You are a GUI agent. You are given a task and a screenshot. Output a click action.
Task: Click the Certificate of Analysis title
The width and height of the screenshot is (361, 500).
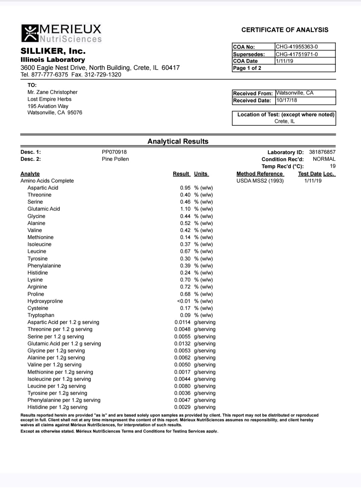click(285, 30)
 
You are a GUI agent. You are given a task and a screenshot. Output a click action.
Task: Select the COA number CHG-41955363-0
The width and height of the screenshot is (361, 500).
click(296, 47)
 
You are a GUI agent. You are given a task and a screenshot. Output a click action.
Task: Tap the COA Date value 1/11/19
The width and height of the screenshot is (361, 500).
click(284, 61)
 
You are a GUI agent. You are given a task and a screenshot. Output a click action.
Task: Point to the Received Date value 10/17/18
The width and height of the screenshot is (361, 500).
click(286, 100)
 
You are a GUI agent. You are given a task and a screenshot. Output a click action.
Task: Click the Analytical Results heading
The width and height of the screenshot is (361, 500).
click(178, 141)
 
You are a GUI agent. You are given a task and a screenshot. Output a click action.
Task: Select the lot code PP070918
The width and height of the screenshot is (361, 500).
click(114, 152)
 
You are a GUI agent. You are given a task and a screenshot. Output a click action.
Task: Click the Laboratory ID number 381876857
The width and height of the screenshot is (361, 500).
click(322, 152)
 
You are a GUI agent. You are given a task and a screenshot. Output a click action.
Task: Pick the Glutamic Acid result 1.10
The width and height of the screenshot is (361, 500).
click(185, 209)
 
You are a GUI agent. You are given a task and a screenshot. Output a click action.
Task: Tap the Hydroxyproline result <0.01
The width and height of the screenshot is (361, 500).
click(184, 301)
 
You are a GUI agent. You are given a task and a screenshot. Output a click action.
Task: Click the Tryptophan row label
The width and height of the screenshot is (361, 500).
click(41, 315)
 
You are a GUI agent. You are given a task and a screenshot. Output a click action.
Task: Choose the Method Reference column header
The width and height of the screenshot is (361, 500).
click(260, 174)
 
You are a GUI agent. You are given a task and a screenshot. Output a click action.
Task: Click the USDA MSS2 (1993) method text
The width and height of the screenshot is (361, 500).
click(260, 181)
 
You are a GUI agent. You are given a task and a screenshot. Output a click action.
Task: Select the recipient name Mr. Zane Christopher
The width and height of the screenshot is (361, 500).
click(53, 92)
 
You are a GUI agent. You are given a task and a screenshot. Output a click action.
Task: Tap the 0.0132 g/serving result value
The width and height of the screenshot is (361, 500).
click(182, 343)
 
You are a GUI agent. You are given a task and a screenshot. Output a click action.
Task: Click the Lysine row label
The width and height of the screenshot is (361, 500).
click(35, 280)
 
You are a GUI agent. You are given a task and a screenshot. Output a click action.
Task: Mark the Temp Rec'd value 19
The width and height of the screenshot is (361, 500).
click(333, 166)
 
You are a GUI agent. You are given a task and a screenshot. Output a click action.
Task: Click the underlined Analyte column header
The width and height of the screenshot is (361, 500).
click(30, 174)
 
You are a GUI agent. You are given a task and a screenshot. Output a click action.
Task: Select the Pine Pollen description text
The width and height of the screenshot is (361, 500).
click(115, 159)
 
